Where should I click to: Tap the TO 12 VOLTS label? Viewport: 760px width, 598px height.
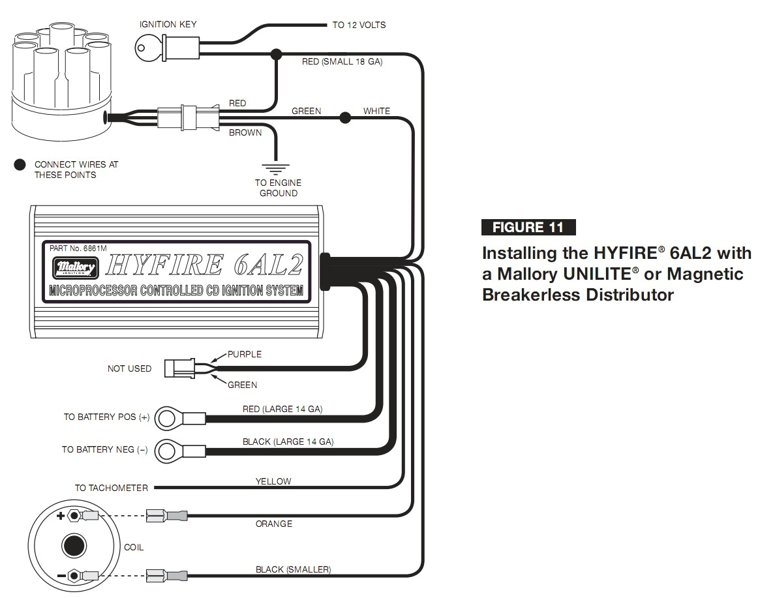[359, 25]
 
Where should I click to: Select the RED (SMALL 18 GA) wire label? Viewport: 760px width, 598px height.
[342, 62]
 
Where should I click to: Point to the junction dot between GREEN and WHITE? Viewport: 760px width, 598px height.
[344, 118]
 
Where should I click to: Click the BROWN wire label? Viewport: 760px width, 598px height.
[245, 132]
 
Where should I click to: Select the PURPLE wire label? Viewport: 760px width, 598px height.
[245, 354]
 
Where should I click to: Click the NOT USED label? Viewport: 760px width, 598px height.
[129, 368]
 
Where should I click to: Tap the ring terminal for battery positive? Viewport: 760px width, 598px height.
[168, 417]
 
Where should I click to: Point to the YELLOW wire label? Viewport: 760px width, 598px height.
[273, 481]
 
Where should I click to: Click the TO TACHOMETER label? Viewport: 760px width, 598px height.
[111, 488]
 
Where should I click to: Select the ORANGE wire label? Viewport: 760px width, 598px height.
[274, 524]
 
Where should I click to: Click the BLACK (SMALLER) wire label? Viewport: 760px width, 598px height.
[293, 569]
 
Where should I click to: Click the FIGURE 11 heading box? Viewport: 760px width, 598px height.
[528, 227]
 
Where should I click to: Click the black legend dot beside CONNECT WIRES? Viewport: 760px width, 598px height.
[20, 165]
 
